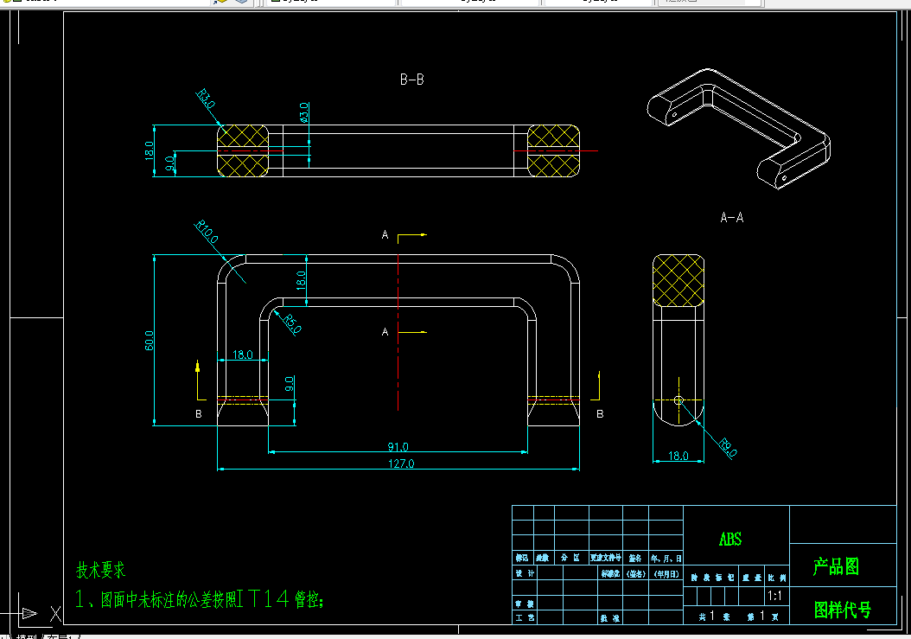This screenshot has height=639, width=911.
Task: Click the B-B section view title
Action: [x=411, y=80]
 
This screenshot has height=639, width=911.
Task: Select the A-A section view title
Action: [x=731, y=218]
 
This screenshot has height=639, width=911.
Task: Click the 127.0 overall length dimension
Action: [x=401, y=463]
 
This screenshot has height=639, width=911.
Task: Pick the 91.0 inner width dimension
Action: [x=398, y=446]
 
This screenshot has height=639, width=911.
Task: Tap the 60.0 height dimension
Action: [x=150, y=340]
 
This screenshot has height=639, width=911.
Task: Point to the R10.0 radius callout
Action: [x=207, y=233]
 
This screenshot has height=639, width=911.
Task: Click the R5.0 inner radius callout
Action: [x=291, y=323]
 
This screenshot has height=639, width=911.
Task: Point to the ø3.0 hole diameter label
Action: [x=303, y=112]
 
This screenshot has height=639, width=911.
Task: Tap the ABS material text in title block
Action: [x=730, y=540]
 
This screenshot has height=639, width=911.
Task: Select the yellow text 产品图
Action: [x=836, y=567]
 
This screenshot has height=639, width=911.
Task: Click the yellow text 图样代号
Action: [x=843, y=610]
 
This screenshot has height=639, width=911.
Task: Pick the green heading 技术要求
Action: [x=100, y=570]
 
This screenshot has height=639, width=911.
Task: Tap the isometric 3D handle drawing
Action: [x=739, y=130]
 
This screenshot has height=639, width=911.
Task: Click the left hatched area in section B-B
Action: [x=243, y=150]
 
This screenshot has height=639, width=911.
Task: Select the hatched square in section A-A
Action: [x=678, y=281]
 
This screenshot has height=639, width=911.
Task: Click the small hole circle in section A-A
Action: [x=678, y=399]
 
